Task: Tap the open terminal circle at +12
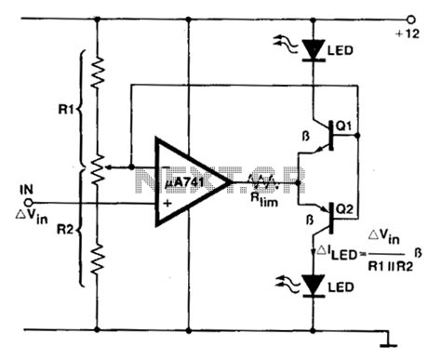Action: tap(408, 17)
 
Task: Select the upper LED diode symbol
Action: tap(314, 47)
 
